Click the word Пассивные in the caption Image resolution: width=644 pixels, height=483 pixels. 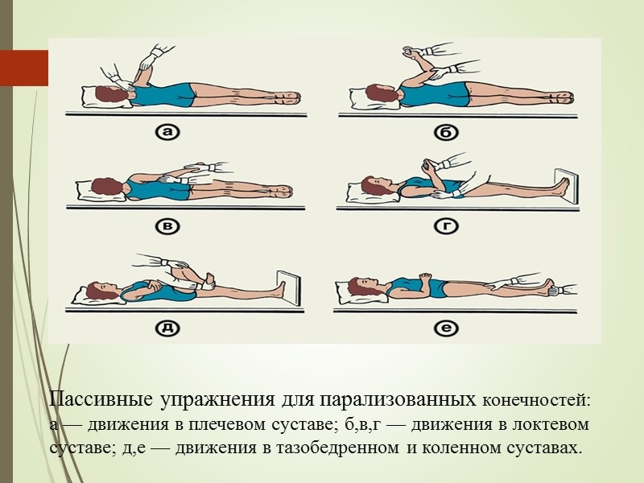(x=102, y=400)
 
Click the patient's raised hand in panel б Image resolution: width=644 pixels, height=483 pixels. (x=408, y=52)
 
